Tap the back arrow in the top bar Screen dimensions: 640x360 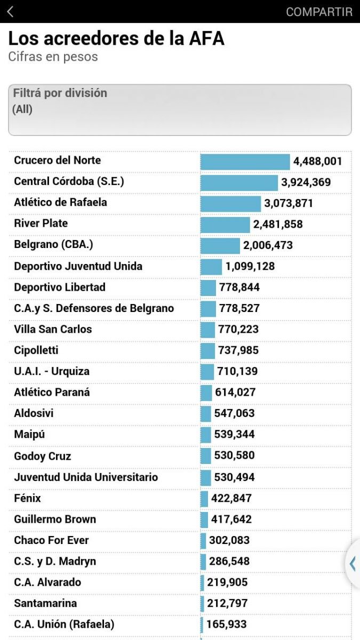pyautogui.click(x=11, y=12)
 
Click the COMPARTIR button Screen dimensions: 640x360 pyautogui.click(x=319, y=12)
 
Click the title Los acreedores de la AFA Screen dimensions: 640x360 pyautogui.click(x=116, y=39)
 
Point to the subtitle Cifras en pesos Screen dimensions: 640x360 pyautogui.click(x=53, y=57)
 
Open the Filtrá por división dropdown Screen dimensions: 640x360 pyautogui.click(x=180, y=110)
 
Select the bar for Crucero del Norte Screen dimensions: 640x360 pyautogui.click(x=245, y=162)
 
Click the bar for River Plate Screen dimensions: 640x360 pyautogui.click(x=225, y=225)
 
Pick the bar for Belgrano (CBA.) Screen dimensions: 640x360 pyautogui.click(x=220, y=246)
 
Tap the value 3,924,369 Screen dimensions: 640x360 pyautogui.click(x=306, y=182)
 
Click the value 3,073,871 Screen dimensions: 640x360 pyautogui.click(x=288, y=203)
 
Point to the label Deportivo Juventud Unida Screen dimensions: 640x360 pyautogui.click(x=78, y=266)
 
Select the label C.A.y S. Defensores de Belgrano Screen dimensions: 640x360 pyautogui.click(x=94, y=308)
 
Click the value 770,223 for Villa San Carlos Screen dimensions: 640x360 pyautogui.click(x=238, y=330)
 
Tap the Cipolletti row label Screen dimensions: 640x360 pyautogui.click(x=36, y=350)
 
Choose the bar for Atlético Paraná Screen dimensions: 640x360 pyautogui.click(x=206, y=393)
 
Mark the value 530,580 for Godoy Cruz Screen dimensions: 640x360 pyautogui.click(x=234, y=455)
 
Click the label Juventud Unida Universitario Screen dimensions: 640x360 pyautogui.click(x=86, y=477)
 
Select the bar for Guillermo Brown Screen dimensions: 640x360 pyautogui.click(x=204, y=519)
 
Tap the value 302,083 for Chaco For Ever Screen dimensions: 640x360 pyautogui.click(x=229, y=540)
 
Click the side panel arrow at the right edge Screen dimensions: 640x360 pyautogui.click(x=353, y=564)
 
